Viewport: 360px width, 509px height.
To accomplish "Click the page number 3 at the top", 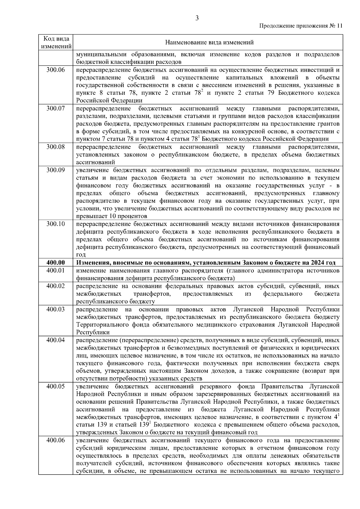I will point(197,19).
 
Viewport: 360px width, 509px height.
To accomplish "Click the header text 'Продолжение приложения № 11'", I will point(300,26).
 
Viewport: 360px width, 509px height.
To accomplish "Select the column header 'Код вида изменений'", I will point(56,43).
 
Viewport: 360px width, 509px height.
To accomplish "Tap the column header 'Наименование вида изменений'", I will point(209,43).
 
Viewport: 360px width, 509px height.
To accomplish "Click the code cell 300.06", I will point(56,70).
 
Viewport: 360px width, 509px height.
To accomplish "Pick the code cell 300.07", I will point(56,108).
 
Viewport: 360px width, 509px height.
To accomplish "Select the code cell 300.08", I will point(56,147).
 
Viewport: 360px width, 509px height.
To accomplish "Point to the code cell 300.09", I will point(56,170).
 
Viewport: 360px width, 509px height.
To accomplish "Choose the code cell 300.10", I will point(56,224).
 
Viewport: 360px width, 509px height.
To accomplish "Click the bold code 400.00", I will point(56,263).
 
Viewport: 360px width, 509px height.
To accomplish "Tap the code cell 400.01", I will point(56,270).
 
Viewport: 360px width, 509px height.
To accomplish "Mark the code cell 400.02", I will point(56,286).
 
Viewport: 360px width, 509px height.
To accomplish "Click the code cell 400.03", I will point(56,309).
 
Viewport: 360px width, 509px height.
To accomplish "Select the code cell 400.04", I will point(56,340).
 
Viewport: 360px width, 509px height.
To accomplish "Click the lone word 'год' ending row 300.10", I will point(81,255).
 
